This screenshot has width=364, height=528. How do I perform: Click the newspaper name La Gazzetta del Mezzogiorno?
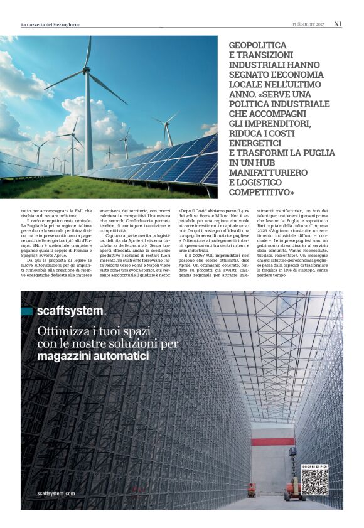point(51,24)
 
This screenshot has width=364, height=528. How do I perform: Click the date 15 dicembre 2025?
point(309,24)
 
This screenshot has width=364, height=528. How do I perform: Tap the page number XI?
point(338,24)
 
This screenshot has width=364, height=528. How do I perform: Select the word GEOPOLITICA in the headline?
point(257,46)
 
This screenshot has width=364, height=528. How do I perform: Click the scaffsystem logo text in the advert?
point(70,310)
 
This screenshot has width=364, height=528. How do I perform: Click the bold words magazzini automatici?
point(93,356)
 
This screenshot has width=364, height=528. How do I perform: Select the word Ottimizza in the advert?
point(60,331)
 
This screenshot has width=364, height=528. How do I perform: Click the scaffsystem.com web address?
point(56,493)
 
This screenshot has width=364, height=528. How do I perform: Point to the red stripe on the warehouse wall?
point(273,441)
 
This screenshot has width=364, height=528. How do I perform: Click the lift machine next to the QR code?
point(293,482)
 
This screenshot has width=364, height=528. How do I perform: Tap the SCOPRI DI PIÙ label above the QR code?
point(314,466)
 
